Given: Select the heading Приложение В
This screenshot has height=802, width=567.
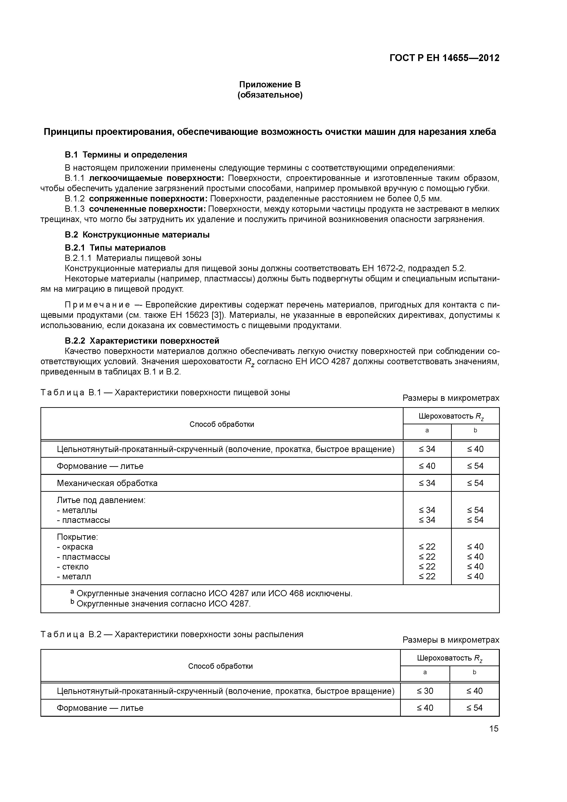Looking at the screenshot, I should (270, 85).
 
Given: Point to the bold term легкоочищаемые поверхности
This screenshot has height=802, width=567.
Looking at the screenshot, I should (156, 178).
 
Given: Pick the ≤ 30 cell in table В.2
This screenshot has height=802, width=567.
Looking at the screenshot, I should (425, 691).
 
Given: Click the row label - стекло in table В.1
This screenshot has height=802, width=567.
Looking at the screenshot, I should (73, 567).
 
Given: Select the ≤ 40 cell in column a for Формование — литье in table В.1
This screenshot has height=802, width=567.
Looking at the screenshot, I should (427, 466).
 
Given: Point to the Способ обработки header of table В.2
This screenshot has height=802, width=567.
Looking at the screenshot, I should (220, 666).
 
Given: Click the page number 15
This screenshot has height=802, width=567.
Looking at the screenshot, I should (494, 729).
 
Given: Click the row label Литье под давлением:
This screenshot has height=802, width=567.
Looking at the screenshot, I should (101, 500).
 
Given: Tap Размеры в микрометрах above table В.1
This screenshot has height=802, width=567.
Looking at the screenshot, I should (451, 398).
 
